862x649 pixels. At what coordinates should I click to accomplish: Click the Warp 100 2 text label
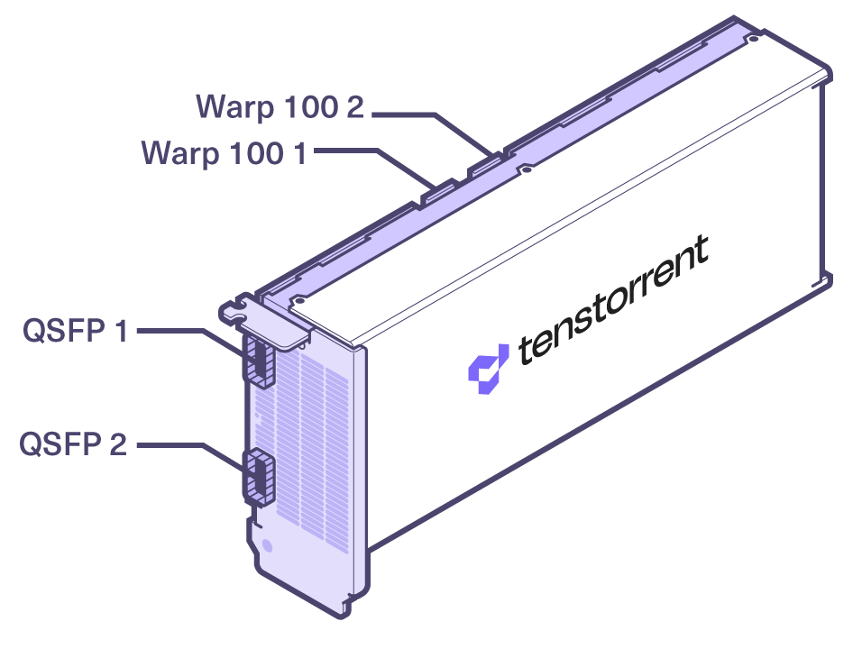(x=280, y=107)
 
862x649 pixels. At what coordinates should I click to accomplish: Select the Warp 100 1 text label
(x=224, y=153)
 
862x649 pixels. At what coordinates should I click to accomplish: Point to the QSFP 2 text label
(x=73, y=444)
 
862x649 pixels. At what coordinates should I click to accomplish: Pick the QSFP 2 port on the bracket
(x=259, y=477)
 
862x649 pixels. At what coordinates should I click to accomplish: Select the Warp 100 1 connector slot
(x=439, y=192)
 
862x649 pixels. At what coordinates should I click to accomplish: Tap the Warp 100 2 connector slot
(x=486, y=165)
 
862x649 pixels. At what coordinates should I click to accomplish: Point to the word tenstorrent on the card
(x=613, y=299)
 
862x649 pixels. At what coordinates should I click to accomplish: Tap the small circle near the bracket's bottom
(x=268, y=545)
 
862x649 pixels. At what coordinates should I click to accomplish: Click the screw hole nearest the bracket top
(x=300, y=300)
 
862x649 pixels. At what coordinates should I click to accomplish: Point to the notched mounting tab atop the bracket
(x=236, y=309)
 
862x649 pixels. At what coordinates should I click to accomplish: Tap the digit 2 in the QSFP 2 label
(x=118, y=444)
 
